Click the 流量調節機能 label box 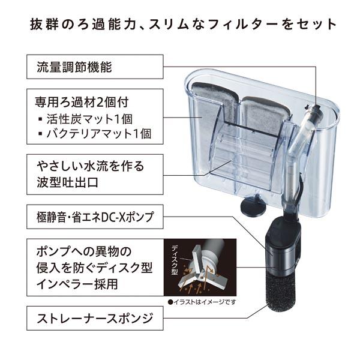point(95,67)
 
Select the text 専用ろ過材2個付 point(82,102)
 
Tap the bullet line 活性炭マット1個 point(86,119)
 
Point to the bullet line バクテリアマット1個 point(95,134)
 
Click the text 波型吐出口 point(67,182)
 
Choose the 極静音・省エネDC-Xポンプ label point(95,217)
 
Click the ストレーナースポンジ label point(95,318)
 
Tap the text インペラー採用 point(77,284)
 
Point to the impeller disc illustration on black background point(200,267)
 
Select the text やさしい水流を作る point(91,166)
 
